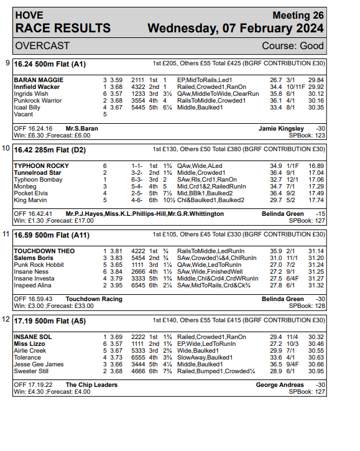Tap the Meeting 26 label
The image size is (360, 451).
(x=298, y=15)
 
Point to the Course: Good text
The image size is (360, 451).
(x=293, y=46)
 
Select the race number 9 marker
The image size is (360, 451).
(x=7, y=63)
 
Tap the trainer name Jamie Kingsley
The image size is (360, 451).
(x=281, y=128)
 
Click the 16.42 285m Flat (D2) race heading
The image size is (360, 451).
(x=50, y=149)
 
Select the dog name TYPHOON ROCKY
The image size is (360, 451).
(x=41, y=166)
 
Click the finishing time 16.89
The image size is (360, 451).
(x=316, y=166)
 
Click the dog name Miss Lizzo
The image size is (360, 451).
(x=30, y=343)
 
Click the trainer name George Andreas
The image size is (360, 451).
(x=280, y=385)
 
